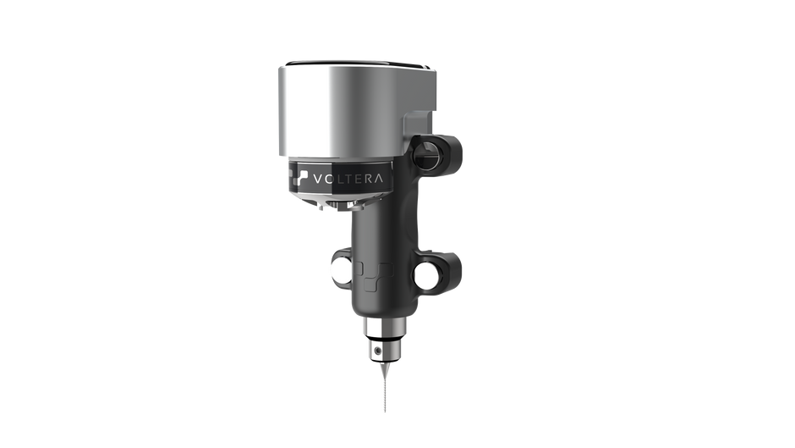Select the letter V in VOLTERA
point(317,179)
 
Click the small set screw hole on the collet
point(375,347)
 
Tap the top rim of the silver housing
point(355,64)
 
